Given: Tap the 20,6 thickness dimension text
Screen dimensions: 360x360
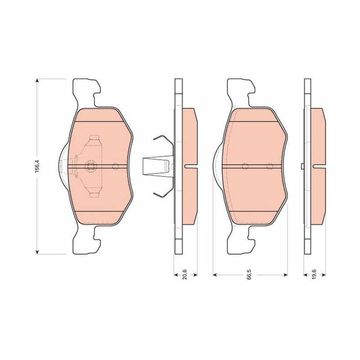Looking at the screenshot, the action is coord(185,274).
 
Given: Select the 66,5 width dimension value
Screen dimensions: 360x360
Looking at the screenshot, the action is coord(250,274).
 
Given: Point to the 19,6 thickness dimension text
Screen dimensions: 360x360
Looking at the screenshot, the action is coord(314,274).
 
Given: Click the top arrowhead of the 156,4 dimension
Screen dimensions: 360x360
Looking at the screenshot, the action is coord(37,81).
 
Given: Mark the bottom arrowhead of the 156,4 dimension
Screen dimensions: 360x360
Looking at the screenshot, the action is coord(37,252).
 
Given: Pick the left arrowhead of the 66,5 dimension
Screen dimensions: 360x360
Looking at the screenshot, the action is coord(215,274).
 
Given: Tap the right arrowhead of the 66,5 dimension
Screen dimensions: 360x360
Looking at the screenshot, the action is coord(286,274).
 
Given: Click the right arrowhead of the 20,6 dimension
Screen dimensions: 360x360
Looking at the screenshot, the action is coord(196,274).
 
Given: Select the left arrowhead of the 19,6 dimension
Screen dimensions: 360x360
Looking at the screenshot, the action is coord(306,274).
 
